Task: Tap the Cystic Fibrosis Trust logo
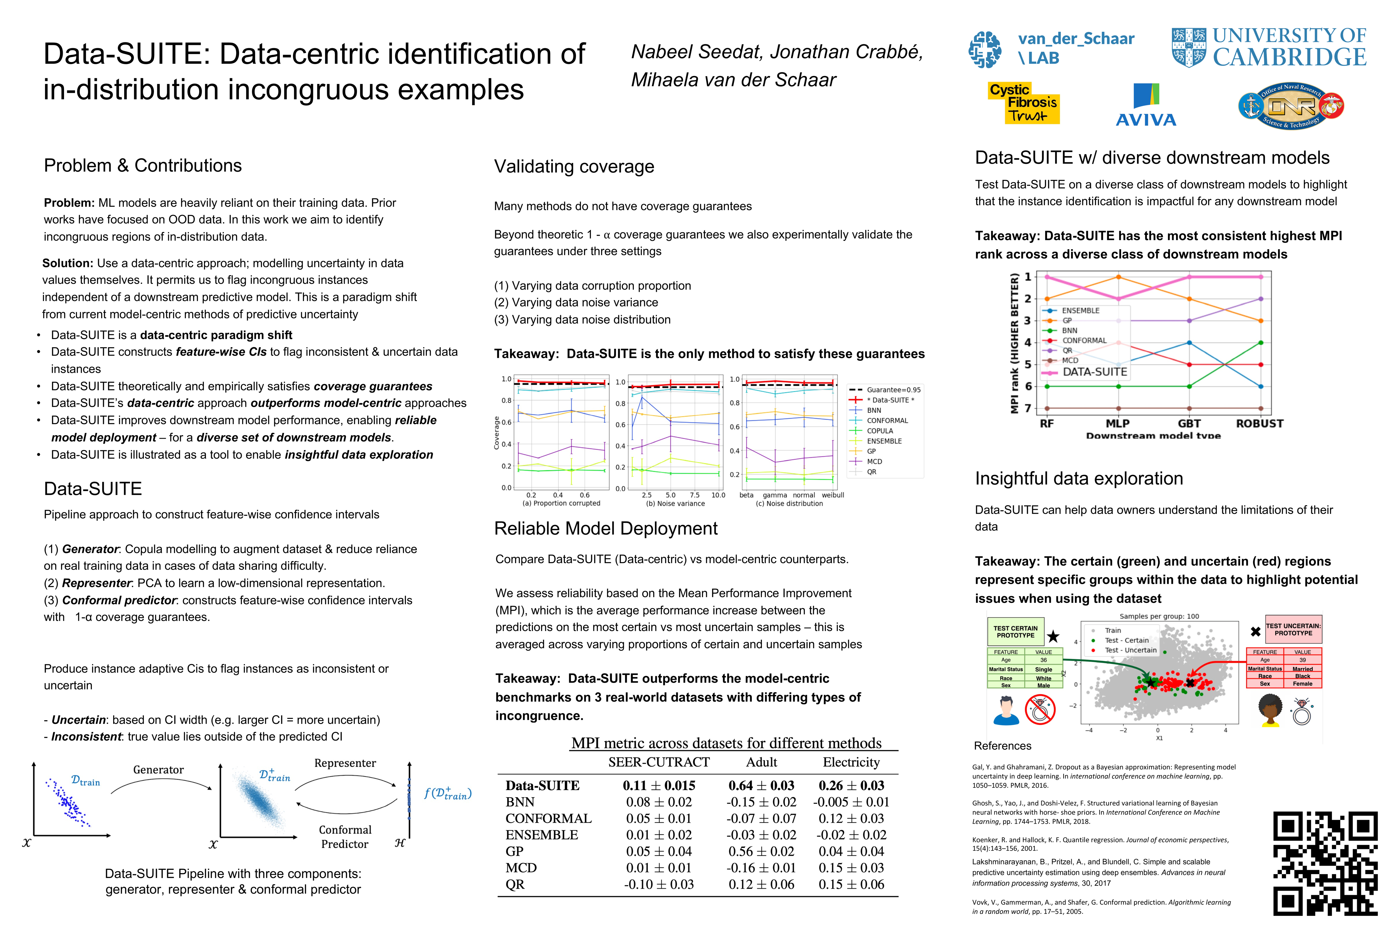1023,103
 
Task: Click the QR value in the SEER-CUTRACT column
659,884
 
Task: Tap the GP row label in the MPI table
514,851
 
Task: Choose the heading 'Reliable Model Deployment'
606,529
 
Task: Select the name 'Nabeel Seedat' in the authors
695,52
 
